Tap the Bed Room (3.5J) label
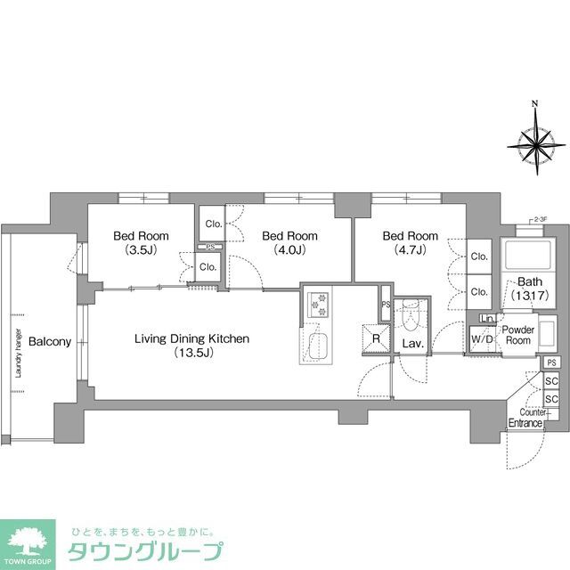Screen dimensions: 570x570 click(141, 243)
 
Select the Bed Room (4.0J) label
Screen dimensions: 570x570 click(289, 243)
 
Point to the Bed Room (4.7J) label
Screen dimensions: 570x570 click(410, 243)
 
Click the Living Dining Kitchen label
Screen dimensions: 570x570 click(191, 346)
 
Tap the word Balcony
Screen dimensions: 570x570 click(44, 341)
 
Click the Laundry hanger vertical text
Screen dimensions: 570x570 click(17, 352)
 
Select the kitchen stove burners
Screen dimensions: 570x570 click(318, 305)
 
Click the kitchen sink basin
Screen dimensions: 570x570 click(318, 346)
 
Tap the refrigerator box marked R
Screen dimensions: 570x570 click(376, 338)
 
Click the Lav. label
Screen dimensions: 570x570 click(411, 343)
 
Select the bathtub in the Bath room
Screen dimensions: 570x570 click(520, 257)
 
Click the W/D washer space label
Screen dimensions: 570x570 click(482, 339)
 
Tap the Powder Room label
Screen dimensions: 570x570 click(517, 334)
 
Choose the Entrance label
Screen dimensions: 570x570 click(525, 423)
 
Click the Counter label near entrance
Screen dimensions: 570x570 click(533, 412)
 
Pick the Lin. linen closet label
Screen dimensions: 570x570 click(487, 319)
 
